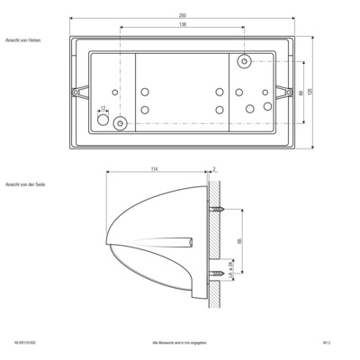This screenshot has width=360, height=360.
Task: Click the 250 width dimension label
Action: (x=181, y=15)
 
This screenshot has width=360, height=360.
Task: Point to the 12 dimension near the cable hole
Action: (x=103, y=108)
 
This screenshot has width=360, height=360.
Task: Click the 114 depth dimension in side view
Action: (x=154, y=168)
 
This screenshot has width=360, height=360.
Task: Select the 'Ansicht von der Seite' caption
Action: (x=24, y=184)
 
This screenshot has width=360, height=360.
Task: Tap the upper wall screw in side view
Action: (x=219, y=209)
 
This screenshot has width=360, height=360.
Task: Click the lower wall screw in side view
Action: (x=219, y=273)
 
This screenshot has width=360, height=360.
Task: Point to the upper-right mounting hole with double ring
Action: (x=244, y=61)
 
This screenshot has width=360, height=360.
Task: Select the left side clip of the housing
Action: (x=77, y=92)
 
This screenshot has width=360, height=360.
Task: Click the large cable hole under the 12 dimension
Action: (x=102, y=119)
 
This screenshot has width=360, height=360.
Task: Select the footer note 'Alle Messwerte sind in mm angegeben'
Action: (x=180, y=343)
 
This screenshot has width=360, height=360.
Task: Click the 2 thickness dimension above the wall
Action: (x=216, y=168)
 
